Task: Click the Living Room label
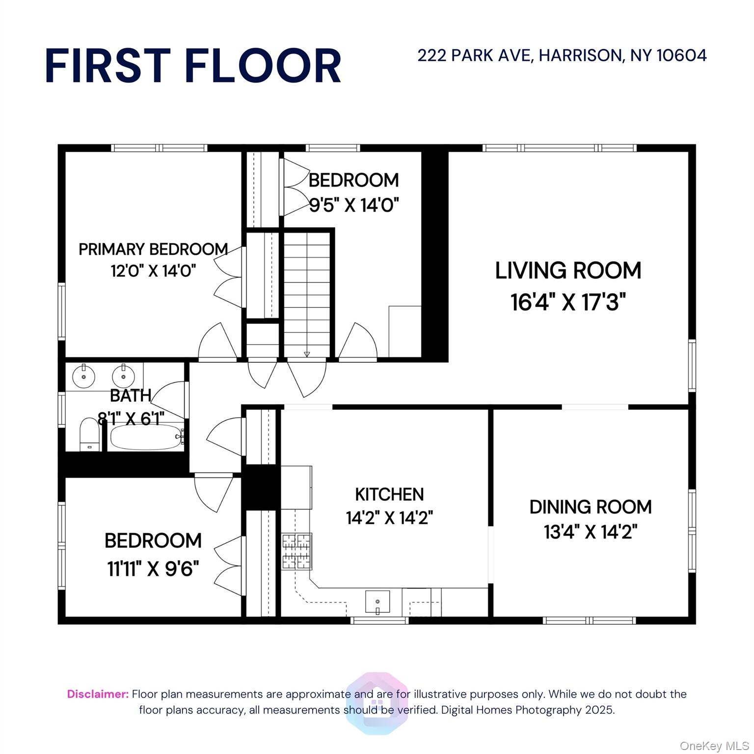[x=568, y=270]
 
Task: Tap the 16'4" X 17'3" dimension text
[x=568, y=302]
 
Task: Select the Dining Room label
[x=590, y=507]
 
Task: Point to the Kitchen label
[x=389, y=494]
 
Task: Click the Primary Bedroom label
[x=153, y=249]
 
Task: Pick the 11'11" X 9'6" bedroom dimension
[x=153, y=569]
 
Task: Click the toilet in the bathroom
[x=90, y=434]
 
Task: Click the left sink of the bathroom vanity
[x=83, y=377]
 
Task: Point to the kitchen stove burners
[x=296, y=551]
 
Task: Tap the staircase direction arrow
[x=307, y=354]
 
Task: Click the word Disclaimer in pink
[x=98, y=694]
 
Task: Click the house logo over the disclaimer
[x=377, y=703]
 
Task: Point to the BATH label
[x=130, y=396]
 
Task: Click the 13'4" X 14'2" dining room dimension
[x=590, y=532]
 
